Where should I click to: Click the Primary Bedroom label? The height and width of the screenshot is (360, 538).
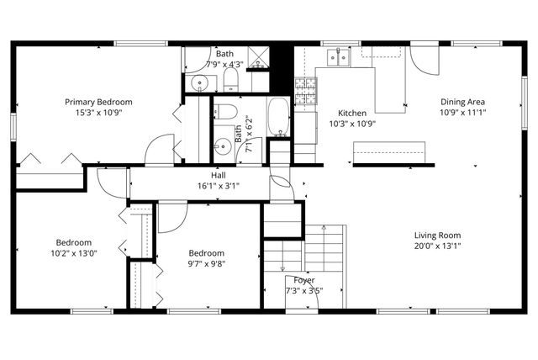[98, 102]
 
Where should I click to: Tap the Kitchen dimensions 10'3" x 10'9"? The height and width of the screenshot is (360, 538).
[351, 124]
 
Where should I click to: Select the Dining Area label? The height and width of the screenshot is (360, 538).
[463, 102]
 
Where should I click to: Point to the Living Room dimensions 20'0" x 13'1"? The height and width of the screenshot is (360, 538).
[437, 246]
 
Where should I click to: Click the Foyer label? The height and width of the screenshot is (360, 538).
[304, 280]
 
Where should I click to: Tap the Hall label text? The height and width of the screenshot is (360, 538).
[218, 174]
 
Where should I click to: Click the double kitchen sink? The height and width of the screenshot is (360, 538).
[339, 56]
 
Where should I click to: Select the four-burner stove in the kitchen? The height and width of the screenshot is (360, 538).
[304, 87]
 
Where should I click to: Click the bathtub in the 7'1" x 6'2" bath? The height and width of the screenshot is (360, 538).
[278, 118]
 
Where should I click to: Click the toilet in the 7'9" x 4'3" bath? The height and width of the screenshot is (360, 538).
[230, 80]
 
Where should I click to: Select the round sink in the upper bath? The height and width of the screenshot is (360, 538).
[199, 82]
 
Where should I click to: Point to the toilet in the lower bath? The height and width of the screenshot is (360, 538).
[224, 114]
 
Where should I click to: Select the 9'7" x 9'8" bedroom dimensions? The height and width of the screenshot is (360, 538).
[206, 263]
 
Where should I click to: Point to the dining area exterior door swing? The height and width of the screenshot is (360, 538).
[425, 61]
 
